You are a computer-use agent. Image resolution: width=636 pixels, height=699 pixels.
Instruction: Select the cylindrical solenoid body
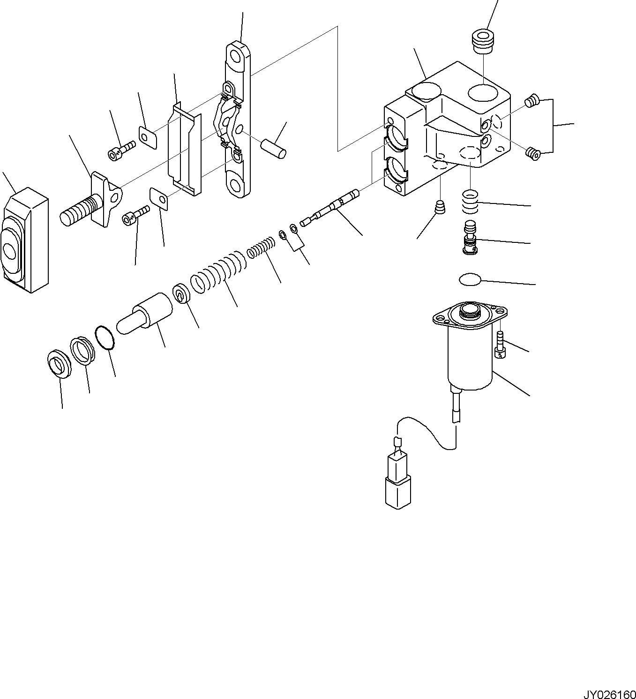click(470, 359)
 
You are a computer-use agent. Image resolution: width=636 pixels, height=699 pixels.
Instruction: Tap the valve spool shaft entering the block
click(330, 206)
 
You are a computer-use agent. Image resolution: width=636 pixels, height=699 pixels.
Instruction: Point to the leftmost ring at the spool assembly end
click(60, 363)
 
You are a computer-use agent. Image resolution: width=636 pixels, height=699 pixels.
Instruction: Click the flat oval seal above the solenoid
click(470, 280)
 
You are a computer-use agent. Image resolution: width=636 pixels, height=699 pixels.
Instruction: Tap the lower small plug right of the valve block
click(531, 151)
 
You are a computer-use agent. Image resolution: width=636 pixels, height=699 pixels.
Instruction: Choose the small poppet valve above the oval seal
click(470, 238)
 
